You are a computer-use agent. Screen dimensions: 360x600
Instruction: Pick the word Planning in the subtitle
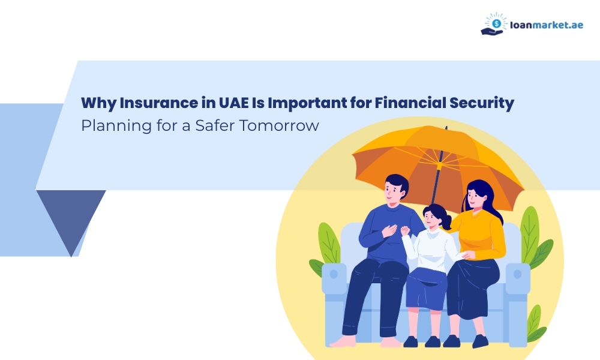click(109, 127)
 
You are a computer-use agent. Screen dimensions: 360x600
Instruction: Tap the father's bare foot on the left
click(344, 341)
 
